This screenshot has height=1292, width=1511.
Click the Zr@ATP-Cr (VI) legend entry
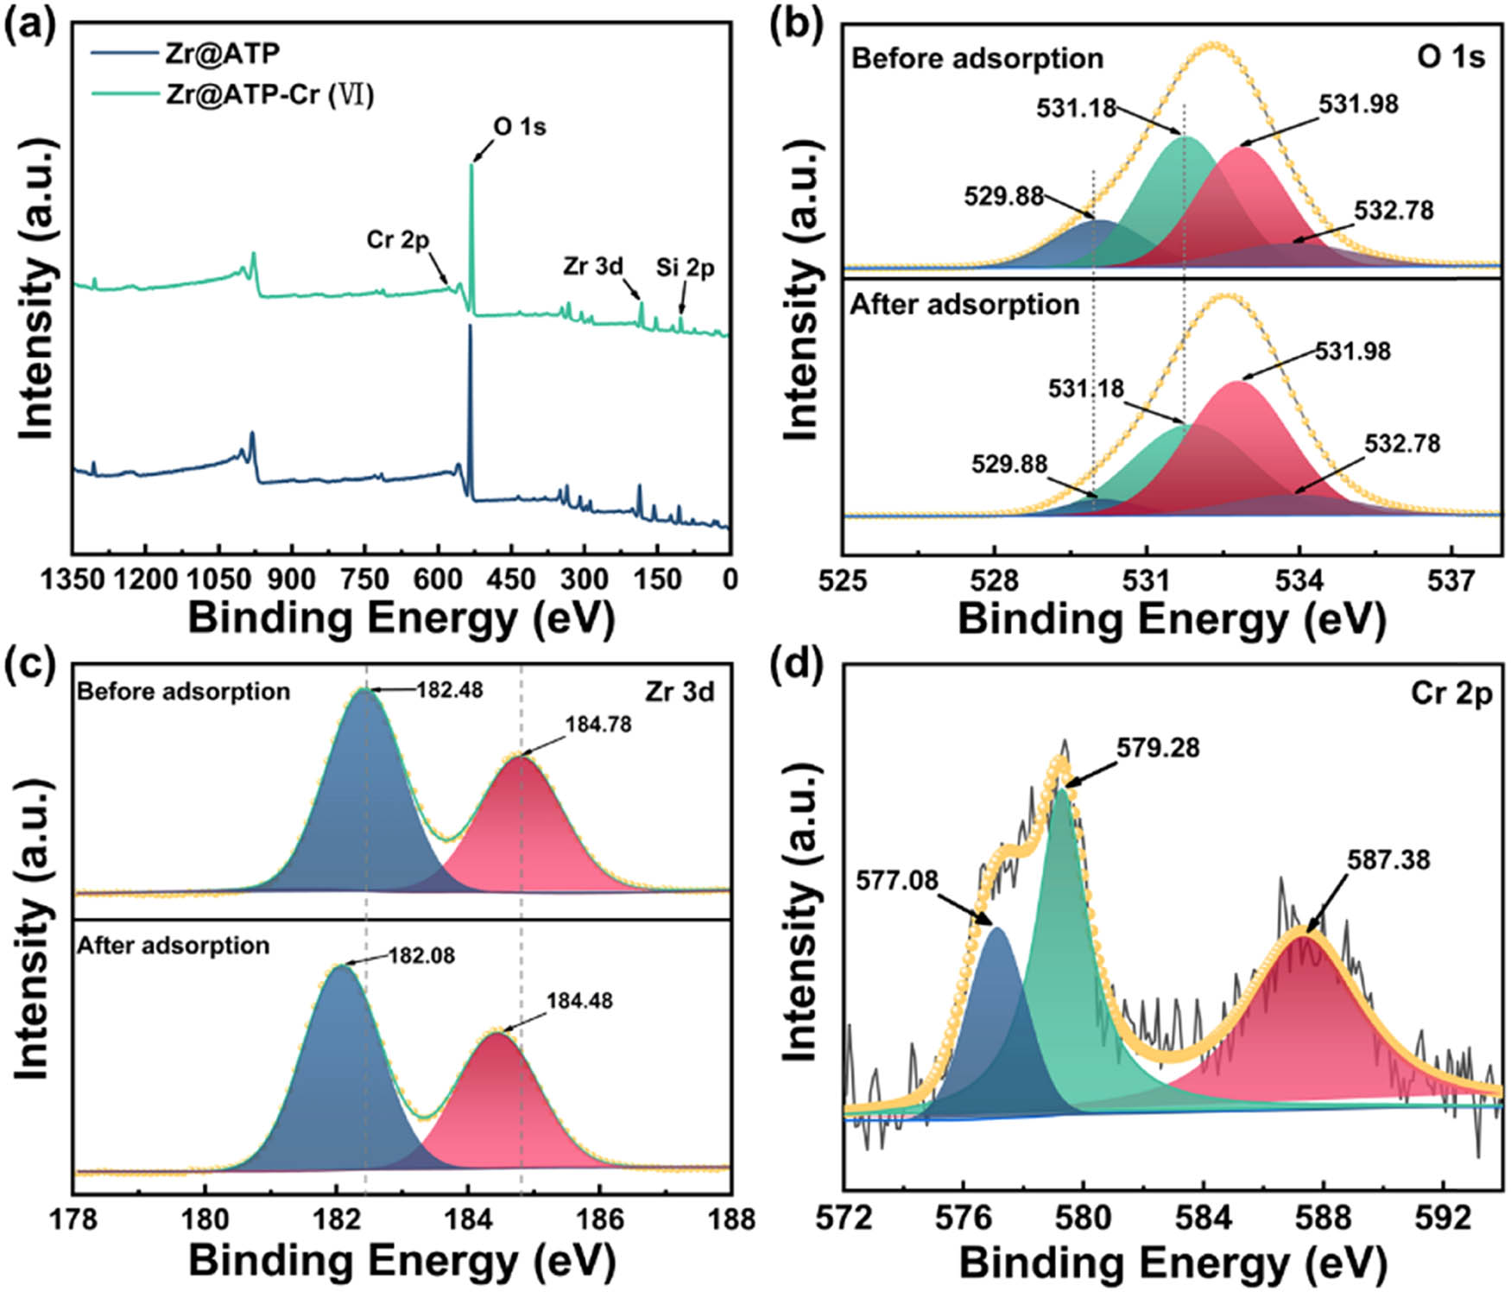tap(269, 93)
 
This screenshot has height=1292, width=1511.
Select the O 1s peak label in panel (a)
tap(520, 127)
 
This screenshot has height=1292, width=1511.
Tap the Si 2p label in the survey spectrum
tap(685, 268)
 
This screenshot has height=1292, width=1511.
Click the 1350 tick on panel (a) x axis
tap(73, 579)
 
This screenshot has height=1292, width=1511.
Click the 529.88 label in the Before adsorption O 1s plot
tap(1004, 196)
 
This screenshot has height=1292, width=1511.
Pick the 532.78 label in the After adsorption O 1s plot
tap(1402, 443)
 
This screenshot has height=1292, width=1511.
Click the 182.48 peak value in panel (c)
tap(450, 690)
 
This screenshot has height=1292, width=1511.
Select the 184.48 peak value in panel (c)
tap(579, 1000)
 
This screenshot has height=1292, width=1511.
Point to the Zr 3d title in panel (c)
tap(680, 692)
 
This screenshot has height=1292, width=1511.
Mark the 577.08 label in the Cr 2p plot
tap(897, 880)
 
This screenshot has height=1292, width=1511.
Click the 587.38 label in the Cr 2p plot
tap(1388, 859)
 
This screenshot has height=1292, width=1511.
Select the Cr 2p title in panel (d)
tap(1451, 693)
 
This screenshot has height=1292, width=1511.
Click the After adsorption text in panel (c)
tap(174, 946)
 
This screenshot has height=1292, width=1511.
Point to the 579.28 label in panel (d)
tap(1158, 747)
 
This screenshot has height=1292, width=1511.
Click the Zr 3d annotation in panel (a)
tap(593, 266)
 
